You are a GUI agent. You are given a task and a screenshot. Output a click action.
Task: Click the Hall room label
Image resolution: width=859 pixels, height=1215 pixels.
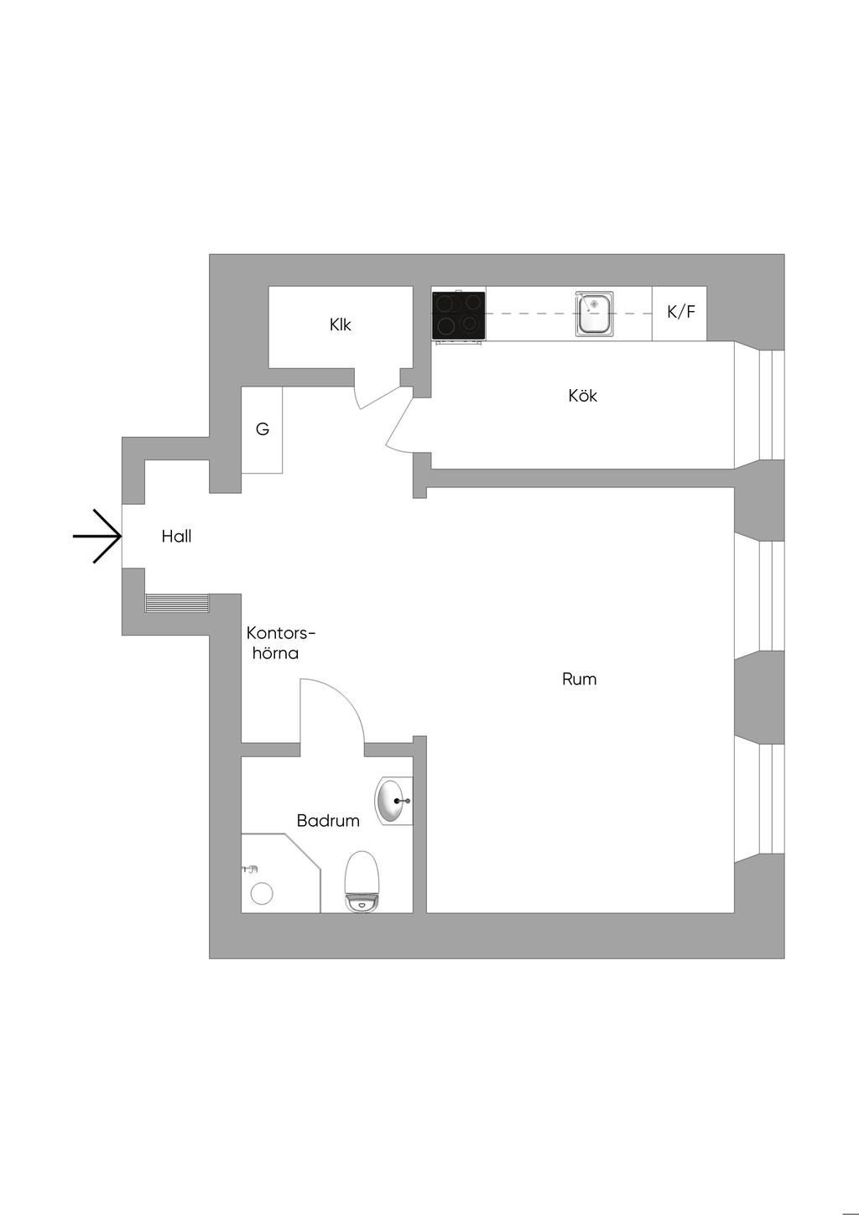coord(176,537)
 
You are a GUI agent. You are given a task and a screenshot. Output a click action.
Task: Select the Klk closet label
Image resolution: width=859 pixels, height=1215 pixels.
coord(341,325)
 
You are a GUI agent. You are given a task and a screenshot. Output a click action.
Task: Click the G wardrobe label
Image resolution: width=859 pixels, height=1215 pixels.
coord(263,429)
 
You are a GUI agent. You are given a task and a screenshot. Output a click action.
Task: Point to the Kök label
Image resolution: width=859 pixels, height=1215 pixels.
coord(582,396)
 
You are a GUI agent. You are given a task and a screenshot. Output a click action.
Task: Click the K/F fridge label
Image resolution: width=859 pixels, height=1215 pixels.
coord(680,312)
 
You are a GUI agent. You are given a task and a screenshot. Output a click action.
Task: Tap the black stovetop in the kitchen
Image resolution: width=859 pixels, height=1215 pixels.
coord(459,314)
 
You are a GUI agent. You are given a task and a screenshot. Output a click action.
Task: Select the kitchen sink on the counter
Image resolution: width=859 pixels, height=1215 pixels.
coord(594,314)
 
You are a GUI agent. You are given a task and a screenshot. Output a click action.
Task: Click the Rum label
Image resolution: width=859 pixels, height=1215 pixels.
coord(579,679)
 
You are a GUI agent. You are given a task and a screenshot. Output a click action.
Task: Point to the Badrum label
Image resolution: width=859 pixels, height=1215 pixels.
coord(328,821)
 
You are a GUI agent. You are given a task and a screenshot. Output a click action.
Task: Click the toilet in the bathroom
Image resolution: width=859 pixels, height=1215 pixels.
coord(363,880)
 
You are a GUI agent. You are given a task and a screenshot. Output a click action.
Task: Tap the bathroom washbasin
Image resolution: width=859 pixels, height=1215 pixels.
coord(392,802)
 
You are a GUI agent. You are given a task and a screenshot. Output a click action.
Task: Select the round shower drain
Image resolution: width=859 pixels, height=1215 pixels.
coord(263,894)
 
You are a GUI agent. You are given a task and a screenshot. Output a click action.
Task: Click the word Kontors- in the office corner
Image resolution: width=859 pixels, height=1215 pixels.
coord(281,633)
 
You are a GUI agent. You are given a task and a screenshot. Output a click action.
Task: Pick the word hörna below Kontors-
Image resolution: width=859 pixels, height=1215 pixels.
coord(276,653)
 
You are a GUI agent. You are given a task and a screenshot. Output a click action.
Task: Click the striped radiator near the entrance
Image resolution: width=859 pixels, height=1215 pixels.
coord(176,604)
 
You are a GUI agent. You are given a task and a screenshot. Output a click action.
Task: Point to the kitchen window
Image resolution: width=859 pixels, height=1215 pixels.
coord(771,404)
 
